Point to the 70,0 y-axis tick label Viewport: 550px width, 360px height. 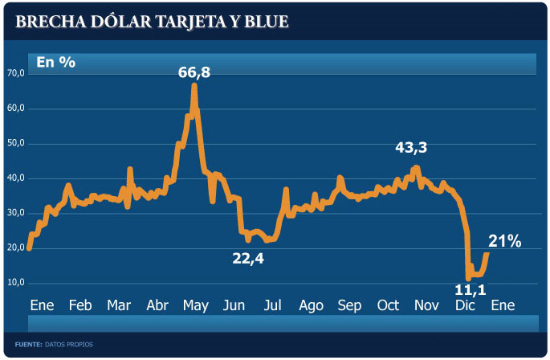click(x=16, y=73)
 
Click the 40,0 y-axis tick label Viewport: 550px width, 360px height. click(x=16, y=178)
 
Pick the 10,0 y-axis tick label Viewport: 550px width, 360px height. click(x=16, y=283)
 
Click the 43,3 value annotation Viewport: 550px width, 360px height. click(x=411, y=148)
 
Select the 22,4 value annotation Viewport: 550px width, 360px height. click(x=248, y=259)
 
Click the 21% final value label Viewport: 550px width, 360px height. click(x=505, y=241)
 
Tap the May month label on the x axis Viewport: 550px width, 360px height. click(x=195, y=306)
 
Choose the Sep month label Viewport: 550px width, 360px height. click(x=349, y=306)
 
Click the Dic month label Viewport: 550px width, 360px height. click(x=465, y=306)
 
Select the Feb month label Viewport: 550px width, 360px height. click(x=79, y=306)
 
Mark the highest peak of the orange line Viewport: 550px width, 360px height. click(x=194, y=85)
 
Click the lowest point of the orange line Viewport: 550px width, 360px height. click(x=468, y=278)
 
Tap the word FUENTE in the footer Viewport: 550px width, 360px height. click(x=27, y=345)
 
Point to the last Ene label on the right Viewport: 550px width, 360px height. click(x=503, y=306)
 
